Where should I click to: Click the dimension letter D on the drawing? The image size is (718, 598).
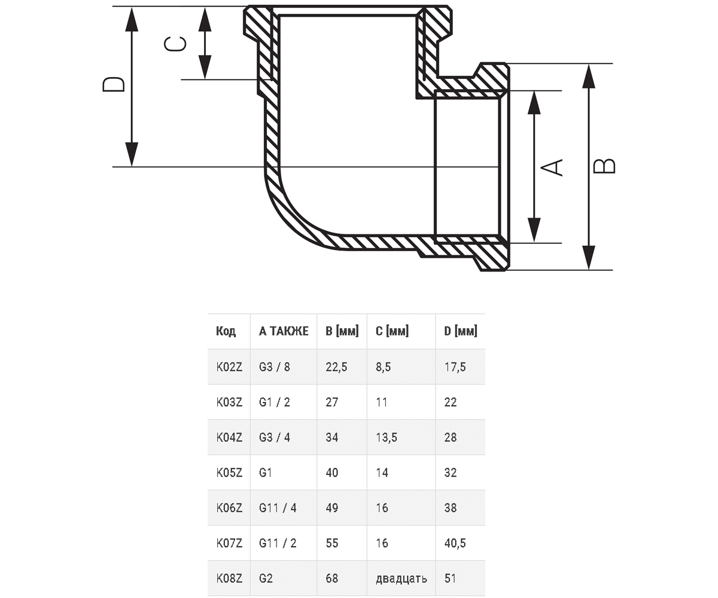pos(114,84)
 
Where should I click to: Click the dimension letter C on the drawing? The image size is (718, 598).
pos(175,44)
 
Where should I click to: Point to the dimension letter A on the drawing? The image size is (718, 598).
pos(552,167)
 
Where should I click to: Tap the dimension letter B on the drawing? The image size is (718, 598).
pos(604,166)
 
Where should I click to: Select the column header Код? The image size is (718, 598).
pos(226,331)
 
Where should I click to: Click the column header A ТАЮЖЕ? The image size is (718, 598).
pos(284,331)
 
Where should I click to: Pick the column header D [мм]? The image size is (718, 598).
pos(461,331)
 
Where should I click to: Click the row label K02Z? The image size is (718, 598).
pos(229,367)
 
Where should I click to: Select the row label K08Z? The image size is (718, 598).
pos(229,578)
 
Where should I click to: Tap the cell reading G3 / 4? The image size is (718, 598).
pos(275,438)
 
